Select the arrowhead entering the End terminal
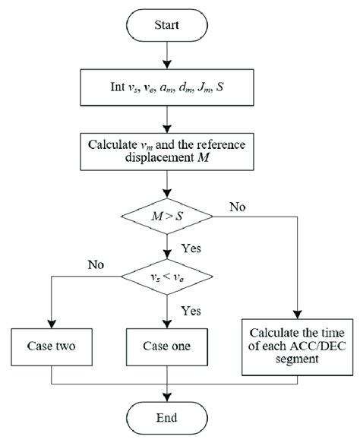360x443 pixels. [166, 393]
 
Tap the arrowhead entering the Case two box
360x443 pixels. [52, 323]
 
